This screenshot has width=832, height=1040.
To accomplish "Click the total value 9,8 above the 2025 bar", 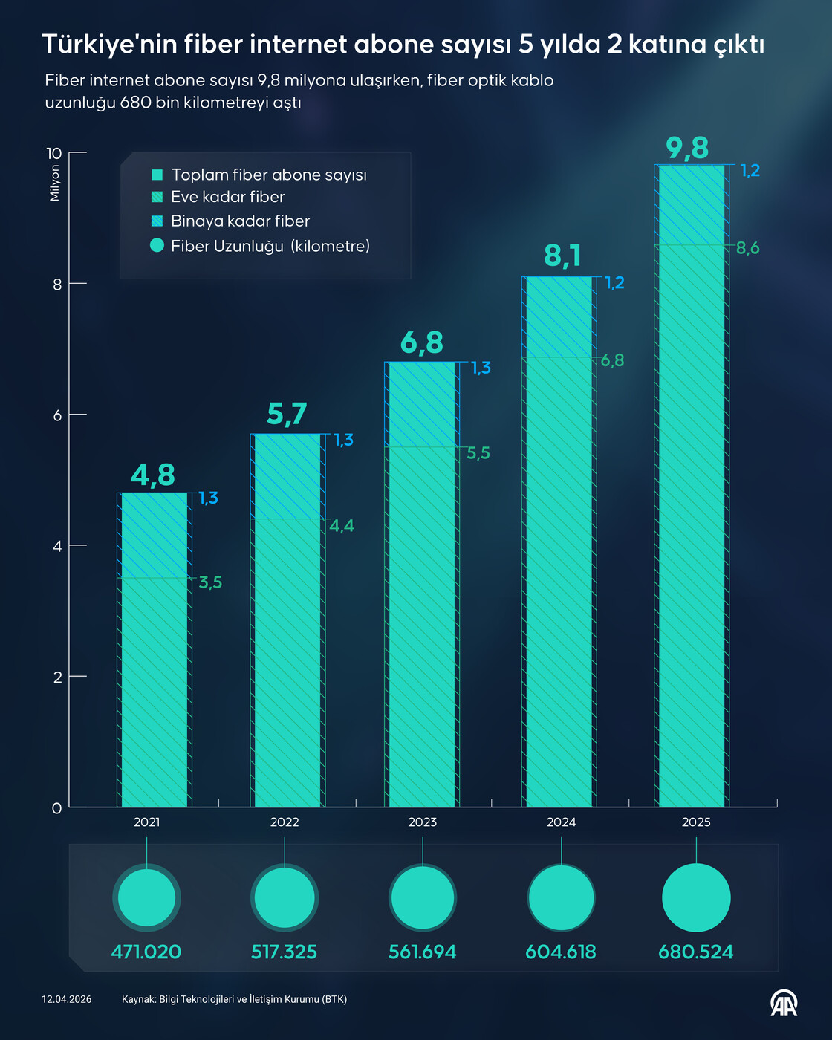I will click(687, 149).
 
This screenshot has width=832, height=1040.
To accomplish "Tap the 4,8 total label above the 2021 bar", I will click(153, 475).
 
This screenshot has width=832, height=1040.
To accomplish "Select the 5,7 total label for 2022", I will click(287, 415).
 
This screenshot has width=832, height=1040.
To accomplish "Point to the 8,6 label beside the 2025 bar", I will click(747, 248).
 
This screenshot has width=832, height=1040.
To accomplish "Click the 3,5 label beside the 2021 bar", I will click(210, 582).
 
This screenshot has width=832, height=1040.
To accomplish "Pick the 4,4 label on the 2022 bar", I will click(342, 526).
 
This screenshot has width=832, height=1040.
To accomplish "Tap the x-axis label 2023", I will click(422, 822).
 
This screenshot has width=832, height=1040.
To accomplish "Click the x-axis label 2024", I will click(561, 822).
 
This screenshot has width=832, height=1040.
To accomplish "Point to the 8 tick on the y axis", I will click(57, 284).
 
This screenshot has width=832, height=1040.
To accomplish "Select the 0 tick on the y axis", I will click(57, 808).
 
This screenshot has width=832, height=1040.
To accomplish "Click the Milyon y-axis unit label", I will click(54, 183).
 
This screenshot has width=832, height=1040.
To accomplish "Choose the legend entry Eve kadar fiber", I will click(227, 197).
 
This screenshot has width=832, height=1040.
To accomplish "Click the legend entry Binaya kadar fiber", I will click(240, 221).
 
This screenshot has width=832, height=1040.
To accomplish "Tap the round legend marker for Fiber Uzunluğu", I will click(157, 245).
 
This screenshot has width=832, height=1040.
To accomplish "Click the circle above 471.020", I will click(146, 897).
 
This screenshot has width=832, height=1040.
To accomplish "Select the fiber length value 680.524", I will click(695, 952).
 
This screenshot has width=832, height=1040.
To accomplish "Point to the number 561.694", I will click(422, 952).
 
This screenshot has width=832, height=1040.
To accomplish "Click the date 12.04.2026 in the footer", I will click(67, 999).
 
